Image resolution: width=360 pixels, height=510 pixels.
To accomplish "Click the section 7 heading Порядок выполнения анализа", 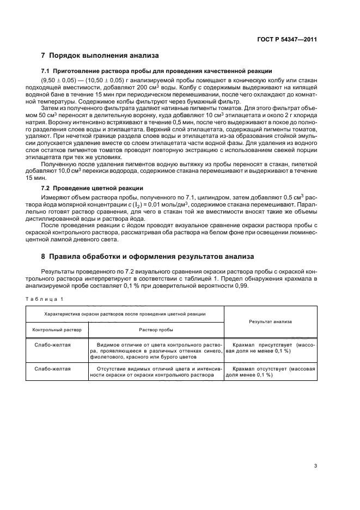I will pos(100,55).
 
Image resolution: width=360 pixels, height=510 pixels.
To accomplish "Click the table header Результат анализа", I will pos(270,321).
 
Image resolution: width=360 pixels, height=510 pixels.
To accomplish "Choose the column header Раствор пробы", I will pos(156,330).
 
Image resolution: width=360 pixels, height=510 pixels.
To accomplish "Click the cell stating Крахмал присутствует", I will pos(270,348).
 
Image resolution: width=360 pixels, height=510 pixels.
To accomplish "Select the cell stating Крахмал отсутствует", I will pos(270,372).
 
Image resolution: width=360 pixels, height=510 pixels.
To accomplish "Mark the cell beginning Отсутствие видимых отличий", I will pos(156,372).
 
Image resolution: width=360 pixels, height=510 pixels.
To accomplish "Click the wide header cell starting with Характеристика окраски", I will pos(125,313).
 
